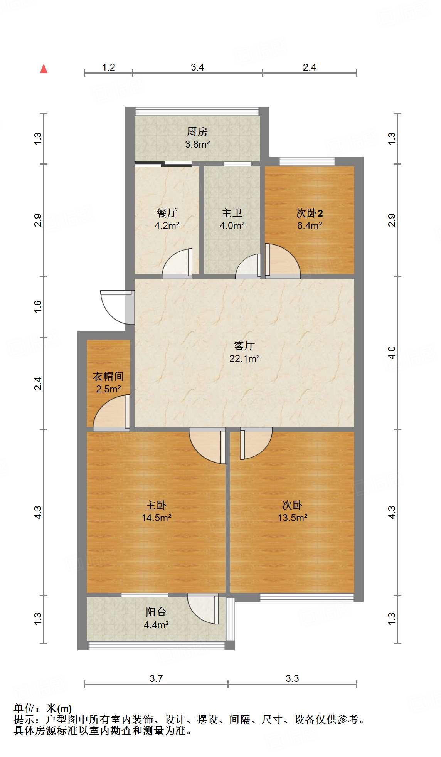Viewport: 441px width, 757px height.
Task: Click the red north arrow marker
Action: pyautogui.click(x=44, y=69)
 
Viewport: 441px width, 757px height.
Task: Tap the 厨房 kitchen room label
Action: pyautogui.click(x=197, y=132)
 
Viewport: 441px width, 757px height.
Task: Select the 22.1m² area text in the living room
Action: pyautogui.click(x=244, y=358)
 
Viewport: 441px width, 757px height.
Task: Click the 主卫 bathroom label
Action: pyautogui.click(x=232, y=213)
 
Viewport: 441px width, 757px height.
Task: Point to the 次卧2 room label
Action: pyautogui.click(x=309, y=213)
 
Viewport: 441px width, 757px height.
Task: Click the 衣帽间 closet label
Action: pyautogui.click(x=108, y=376)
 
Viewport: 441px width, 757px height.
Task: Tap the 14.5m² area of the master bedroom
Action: pyautogui.click(x=156, y=518)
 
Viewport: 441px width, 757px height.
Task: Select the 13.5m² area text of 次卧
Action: pyautogui.click(x=292, y=518)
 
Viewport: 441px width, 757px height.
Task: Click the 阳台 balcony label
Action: pyautogui.click(x=156, y=612)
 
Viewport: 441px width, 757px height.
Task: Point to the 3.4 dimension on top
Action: pyautogui.click(x=197, y=67)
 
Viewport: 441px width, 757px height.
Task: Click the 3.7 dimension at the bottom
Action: pyautogui.click(x=156, y=678)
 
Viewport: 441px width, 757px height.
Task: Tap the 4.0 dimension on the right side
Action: pyautogui.click(x=392, y=353)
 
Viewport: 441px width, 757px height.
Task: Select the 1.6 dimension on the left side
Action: pyautogui.click(x=38, y=306)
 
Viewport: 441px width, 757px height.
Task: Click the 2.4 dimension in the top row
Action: pyautogui.click(x=309, y=67)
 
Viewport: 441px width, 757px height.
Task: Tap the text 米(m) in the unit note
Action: pyautogui.click(x=59, y=708)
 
